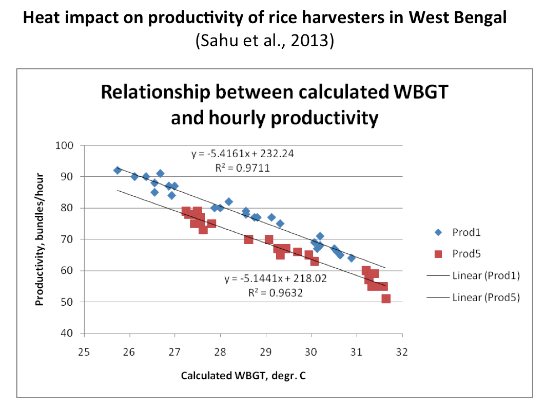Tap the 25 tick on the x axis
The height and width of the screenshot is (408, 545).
[84, 353]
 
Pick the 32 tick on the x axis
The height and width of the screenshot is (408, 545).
[402, 353]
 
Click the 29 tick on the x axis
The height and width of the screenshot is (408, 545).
[266, 353]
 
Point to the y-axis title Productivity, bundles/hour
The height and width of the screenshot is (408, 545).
[40, 239]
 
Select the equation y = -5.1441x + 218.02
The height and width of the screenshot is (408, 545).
[276, 279]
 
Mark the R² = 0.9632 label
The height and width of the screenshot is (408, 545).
[276, 292]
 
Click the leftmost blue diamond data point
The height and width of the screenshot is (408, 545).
[117, 170]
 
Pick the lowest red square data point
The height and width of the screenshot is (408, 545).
[386, 299]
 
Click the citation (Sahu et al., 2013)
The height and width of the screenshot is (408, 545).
[265, 41]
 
